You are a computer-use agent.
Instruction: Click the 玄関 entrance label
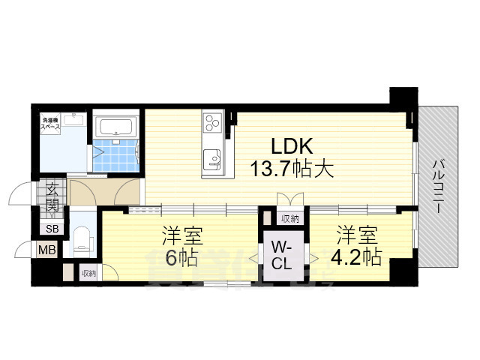click(52, 194)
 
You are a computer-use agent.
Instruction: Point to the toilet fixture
click(82, 238)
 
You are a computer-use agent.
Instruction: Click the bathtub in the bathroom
click(115, 124)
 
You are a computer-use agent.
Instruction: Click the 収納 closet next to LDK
click(290, 218)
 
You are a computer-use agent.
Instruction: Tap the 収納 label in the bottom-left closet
click(88, 273)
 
